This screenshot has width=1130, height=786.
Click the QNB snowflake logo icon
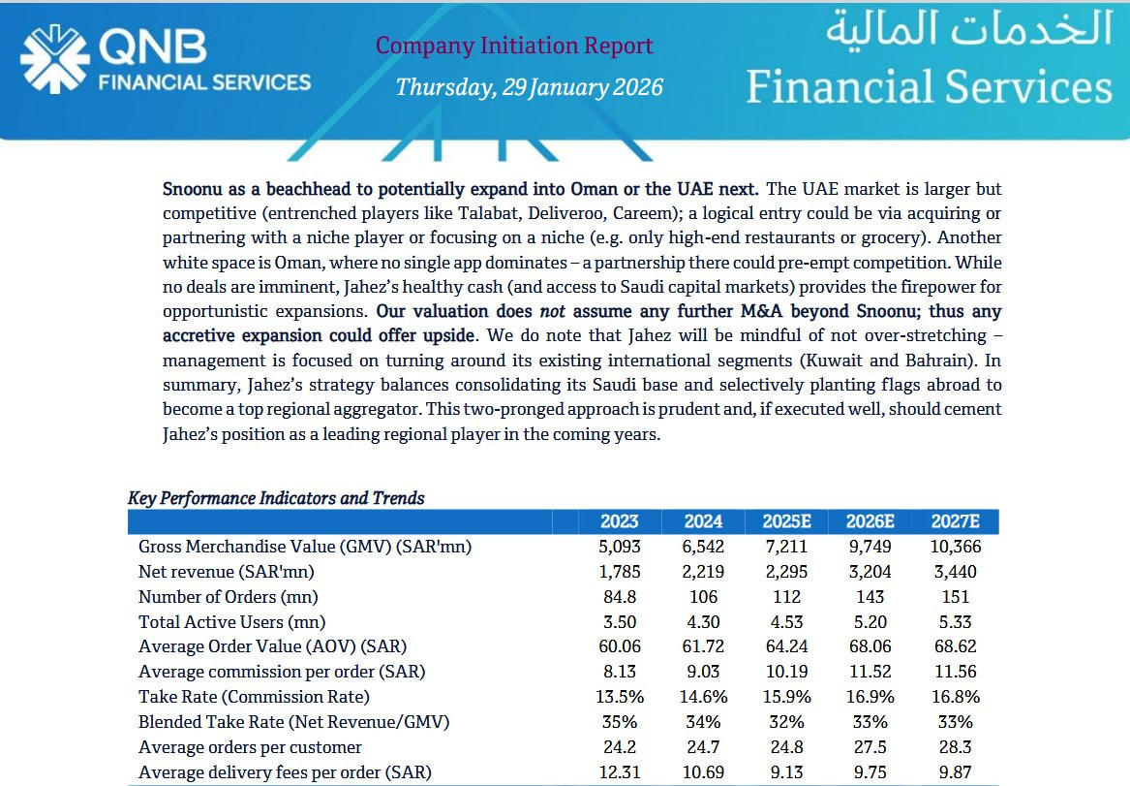55,59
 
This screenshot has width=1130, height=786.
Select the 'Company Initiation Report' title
514,46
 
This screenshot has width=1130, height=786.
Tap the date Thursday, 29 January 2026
529,87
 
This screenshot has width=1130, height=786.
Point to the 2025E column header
786,521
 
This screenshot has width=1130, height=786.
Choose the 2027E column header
955,521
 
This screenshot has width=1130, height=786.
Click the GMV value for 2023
619,547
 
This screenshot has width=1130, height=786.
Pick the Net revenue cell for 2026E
870,572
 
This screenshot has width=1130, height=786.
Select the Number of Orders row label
228,597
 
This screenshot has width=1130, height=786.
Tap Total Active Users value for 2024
703,621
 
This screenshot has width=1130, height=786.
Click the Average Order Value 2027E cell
955,646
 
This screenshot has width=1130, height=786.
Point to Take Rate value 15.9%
786,697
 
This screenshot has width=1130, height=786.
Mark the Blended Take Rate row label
293,722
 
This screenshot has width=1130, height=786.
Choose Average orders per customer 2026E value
870,747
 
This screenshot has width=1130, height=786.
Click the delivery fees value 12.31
619,772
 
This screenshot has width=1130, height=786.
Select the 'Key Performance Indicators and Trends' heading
276,498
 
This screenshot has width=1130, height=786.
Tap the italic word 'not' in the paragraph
553,311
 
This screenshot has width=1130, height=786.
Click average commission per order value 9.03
703,672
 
